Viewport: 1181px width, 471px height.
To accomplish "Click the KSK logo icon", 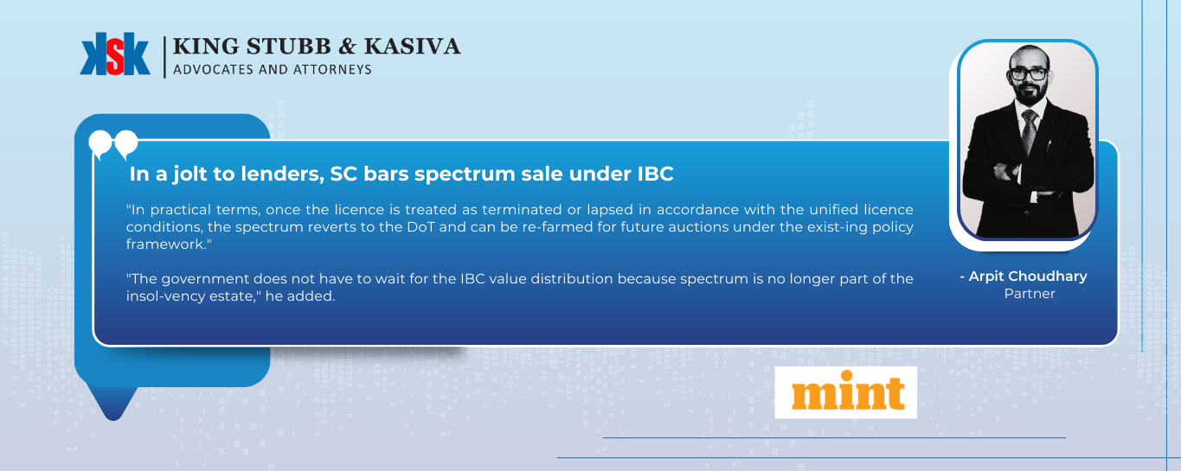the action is pyautogui.click(x=115, y=54).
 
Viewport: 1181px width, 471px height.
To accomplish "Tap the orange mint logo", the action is pyautogui.click(x=848, y=391).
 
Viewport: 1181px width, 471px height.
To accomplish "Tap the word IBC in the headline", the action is pyautogui.click(x=655, y=174).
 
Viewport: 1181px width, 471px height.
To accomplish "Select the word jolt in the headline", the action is pyautogui.click(x=190, y=175).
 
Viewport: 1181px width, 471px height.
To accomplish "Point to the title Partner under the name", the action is pyautogui.click(x=1030, y=294).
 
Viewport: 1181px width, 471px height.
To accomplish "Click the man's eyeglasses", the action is pyautogui.click(x=1029, y=73).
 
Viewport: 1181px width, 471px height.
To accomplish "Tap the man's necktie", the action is pyautogui.click(x=1030, y=131).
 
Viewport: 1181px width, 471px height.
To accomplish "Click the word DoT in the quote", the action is pyautogui.click(x=420, y=227).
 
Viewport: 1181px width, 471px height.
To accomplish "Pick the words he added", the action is pyautogui.click(x=300, y=296).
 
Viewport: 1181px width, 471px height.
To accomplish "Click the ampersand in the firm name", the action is pyautogui.click(x=347, y=47).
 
